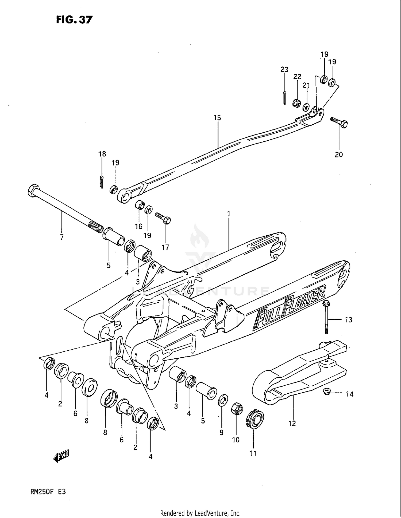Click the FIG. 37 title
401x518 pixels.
pos(74,20)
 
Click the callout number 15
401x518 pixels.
pos(217,117)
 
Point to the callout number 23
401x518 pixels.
pos(284,70)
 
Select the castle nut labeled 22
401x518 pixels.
pos(296,103)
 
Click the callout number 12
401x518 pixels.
pos(292,423)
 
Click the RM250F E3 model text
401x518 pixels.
pos(48,492)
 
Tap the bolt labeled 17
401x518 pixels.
pos(163,218)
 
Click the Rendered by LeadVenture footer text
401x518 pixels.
pos(200,513)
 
